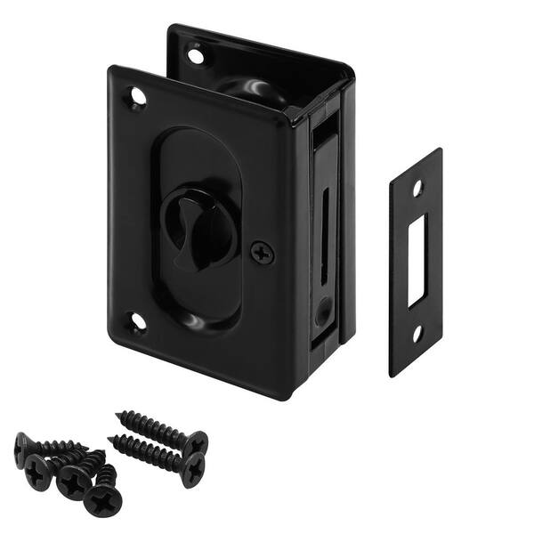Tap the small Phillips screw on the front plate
262,253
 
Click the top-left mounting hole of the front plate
136,96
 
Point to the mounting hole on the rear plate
196,55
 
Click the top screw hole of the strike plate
417,188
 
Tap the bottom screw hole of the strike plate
417,336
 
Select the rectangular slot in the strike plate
417,260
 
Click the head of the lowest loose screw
103,499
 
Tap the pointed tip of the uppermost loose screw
119,415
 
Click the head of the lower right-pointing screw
192,470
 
